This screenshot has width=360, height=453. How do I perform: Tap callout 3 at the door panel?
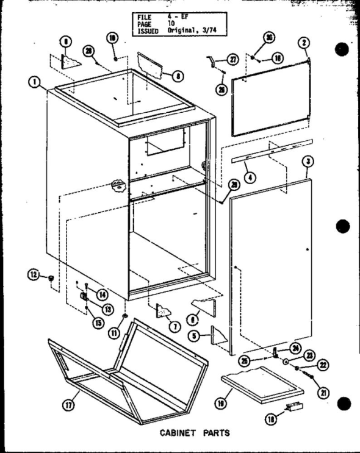[308, 161]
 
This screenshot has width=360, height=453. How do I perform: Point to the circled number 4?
[250, 177]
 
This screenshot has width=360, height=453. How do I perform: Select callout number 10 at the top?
[113, 38]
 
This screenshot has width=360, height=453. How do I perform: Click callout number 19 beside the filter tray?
[236, 404]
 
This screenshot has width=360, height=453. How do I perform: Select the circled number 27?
[233, 60]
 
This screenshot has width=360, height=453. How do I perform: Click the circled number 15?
[98, 323]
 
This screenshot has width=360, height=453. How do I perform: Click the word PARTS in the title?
[214, 434]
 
